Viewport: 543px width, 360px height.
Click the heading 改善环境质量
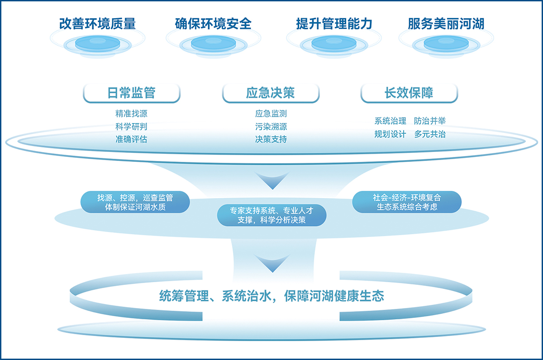tap(97, 24)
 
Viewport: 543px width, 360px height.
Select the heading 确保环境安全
tap(213, 24)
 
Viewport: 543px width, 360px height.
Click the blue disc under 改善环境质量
tap(97, 43)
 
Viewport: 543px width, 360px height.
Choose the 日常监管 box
tap(131, 93)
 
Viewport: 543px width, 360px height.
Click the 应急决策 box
tap(271, 93)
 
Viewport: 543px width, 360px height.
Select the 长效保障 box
tap(409, 93)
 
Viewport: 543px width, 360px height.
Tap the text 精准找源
tap(131, 114)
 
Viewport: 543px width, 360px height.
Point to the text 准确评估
tap(131, 139)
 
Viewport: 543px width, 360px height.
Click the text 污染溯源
tap(271, 127)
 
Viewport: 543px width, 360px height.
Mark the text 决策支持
tap(271, 139)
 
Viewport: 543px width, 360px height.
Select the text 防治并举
tap(430, 121)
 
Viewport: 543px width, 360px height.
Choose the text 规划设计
tap(390, 134)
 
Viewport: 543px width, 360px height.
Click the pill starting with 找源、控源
tap(135, 202)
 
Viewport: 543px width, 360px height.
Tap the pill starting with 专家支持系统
tap(271, 215)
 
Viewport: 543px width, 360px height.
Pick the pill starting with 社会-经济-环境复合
tap(407, 202)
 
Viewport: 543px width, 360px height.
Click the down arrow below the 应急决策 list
tap(271, 181)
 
